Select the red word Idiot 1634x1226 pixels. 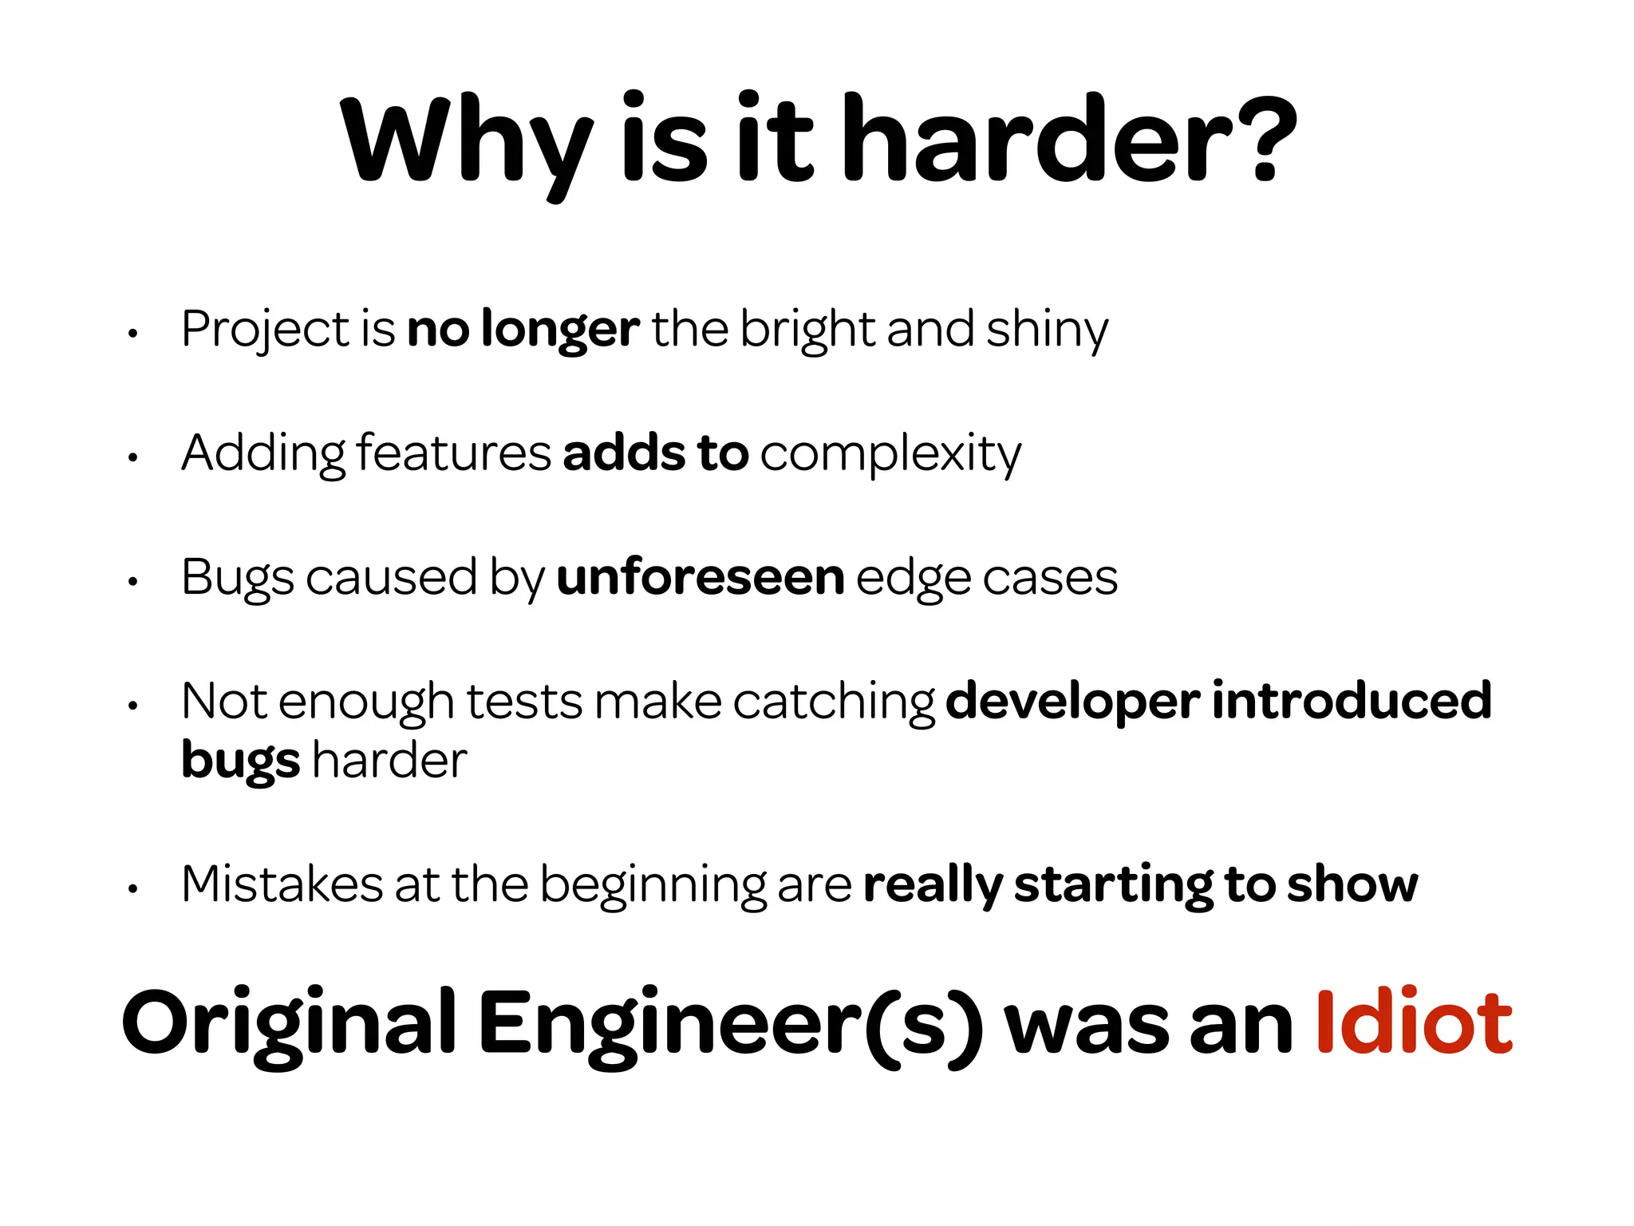pyautogui.click(x=1413, y=1022)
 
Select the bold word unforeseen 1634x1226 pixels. pyautogui.click(x=700, y=577)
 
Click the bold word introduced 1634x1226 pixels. pyautogui.click(x=1352, y=700)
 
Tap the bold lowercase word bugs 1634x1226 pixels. pyautogui.click(x=240, y=761)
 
